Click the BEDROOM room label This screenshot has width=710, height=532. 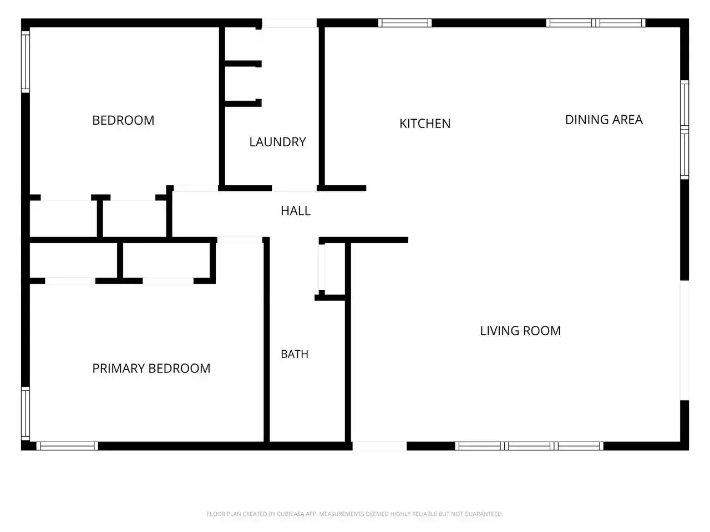123,120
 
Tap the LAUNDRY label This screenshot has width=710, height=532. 277,142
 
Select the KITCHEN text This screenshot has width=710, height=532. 425,124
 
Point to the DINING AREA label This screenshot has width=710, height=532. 603,120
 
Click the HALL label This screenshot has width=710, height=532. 296,211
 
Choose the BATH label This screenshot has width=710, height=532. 295,354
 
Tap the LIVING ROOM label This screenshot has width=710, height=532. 520,331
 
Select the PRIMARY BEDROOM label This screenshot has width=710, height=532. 151,368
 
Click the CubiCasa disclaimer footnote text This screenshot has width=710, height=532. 355,514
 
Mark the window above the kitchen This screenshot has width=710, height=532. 405,23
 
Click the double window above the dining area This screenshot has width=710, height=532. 596,23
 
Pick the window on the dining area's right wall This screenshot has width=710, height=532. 684,130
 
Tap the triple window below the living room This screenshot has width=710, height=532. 529,446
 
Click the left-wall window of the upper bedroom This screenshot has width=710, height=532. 26,62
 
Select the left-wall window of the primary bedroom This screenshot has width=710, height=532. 26,414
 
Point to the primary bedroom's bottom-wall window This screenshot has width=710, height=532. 67,446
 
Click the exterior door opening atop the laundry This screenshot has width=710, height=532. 289,23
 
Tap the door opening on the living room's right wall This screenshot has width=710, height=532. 684,340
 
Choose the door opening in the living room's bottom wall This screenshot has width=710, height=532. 379,446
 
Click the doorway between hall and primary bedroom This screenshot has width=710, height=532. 240,240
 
